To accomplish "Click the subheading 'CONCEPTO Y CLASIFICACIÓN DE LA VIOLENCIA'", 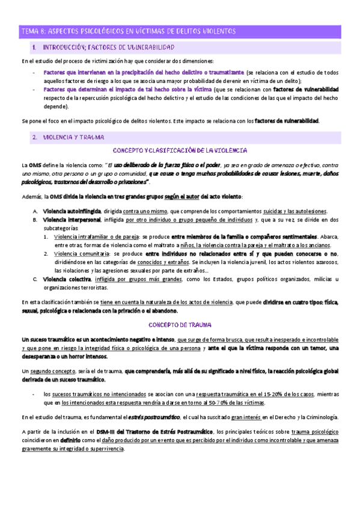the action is pos(180,150).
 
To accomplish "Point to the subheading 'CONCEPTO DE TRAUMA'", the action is pos(180,325).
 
